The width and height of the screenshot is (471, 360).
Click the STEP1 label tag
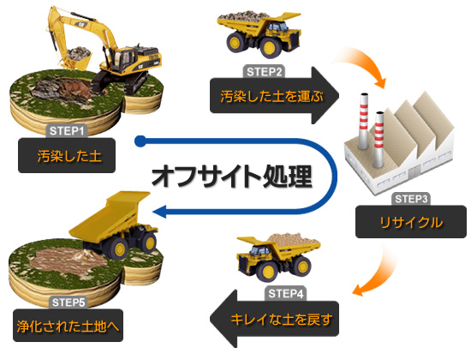point(67,131)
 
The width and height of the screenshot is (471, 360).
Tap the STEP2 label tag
point(264,72)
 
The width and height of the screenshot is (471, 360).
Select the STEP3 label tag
point(410,199)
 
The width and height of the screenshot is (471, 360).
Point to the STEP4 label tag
point(286,293)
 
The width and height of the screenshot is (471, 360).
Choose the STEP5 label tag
point(69,303)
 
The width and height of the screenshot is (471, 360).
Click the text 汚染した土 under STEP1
point(69,156)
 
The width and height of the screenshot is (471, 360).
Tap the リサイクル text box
point(410,222)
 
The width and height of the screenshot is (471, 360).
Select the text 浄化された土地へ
point(69,326)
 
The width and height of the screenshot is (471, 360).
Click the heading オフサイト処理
point(231,177)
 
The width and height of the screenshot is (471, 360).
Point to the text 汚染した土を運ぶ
point(271,96)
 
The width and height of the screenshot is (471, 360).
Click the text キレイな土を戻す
point(282,319)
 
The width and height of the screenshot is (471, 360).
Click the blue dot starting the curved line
point(140,141)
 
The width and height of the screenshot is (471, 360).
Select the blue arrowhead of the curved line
point(159,212)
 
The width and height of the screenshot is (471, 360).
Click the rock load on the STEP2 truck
point(239,17)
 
